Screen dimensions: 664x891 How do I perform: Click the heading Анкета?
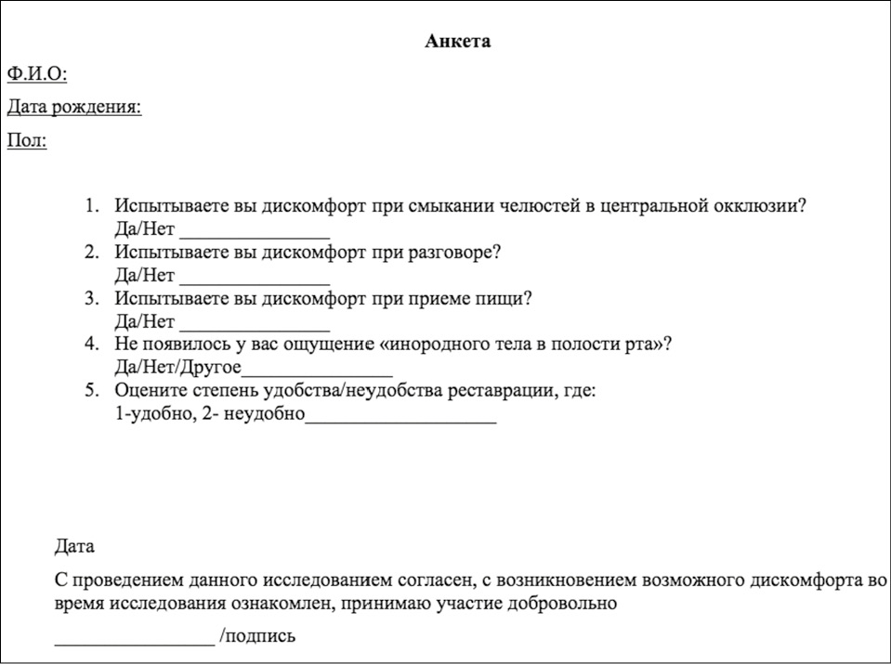coord(457,41)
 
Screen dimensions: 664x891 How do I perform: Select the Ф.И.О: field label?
coord(36,73)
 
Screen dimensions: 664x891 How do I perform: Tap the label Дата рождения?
coord(74,107)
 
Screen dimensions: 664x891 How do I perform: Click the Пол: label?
coord(27,141)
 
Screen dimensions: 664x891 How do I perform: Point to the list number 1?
coord(91,206)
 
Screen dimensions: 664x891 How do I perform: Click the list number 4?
coord(91,344)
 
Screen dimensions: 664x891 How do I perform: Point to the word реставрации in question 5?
coord(502,390)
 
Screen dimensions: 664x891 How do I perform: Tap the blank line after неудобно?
coord(400,419)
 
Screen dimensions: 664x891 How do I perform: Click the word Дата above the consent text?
coord(75,546)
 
